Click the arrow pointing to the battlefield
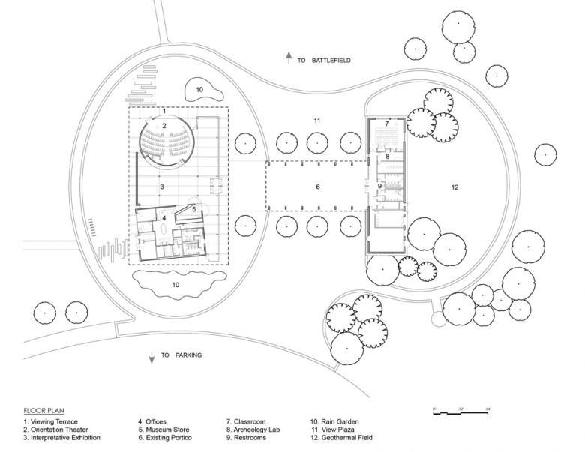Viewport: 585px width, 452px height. [288, 58]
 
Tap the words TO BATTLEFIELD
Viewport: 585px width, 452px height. [323, 59]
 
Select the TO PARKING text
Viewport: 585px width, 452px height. [181, 355]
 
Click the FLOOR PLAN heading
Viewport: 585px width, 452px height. [39, 411]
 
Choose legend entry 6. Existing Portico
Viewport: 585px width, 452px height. [167, 437]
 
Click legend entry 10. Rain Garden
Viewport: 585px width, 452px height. [334, 421]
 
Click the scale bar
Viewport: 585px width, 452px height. [460, 413]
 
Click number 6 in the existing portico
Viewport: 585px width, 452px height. [317, 187]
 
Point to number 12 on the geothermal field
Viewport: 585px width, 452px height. [454, 187]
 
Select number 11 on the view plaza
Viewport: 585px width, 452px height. [317, 120]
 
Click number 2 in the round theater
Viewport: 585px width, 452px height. [163, 125]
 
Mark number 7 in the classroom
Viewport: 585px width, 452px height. [387, 122]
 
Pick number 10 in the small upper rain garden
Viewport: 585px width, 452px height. [199, 89]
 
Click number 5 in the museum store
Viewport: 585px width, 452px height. [193, 209]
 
